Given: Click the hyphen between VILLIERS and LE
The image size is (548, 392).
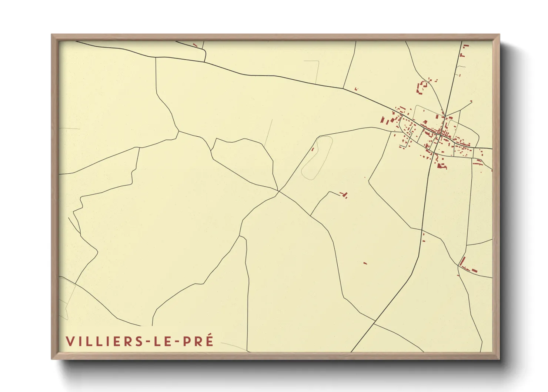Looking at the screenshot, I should (148, 342).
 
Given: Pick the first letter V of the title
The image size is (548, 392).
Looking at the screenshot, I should (69, 341).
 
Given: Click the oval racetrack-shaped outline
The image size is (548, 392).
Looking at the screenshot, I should (317, 158).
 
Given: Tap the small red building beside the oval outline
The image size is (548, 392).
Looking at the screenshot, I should (313, 149).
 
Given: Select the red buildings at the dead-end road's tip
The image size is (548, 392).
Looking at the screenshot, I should (344, 194).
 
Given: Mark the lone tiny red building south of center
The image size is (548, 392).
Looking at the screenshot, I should (365, 263).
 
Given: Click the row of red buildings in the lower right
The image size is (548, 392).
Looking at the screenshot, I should (467, 267).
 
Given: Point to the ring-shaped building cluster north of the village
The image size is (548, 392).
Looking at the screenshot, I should (422, 87).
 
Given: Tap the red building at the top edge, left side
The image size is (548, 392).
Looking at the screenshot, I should (195, 45).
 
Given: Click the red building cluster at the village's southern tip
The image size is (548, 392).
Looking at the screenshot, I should (441, 165).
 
